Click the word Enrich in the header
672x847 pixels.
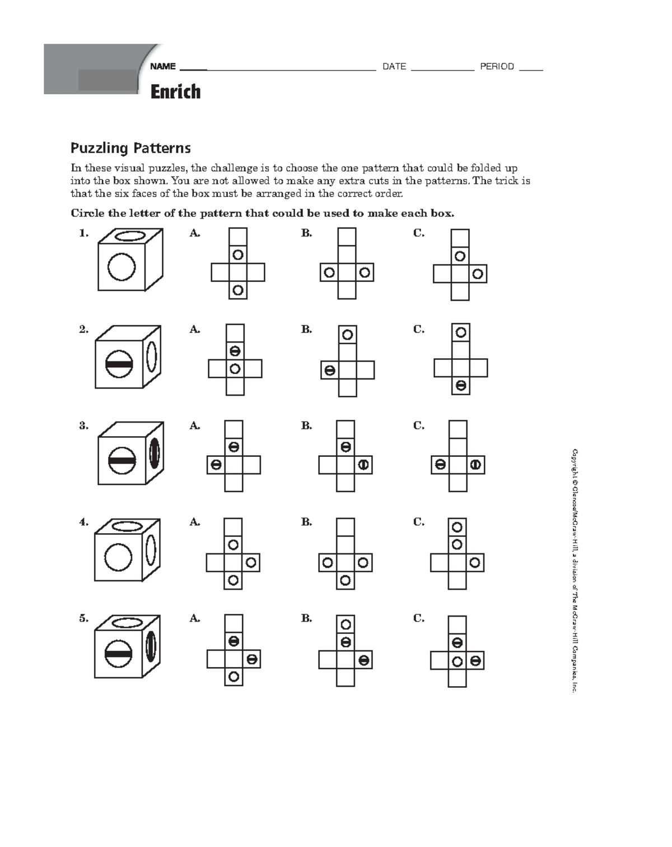coord(175,91)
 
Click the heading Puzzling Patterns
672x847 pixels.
coord(130,148)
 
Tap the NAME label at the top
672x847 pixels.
coord(163,67)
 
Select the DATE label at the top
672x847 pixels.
coord(394,67)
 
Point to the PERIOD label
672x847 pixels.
coord(497,67)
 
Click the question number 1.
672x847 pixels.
coord(83,233)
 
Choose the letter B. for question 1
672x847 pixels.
coord(306,233)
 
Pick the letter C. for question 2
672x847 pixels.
coord(419,329)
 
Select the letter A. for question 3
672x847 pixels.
coord(195,425)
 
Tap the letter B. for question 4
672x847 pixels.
coord(306,522)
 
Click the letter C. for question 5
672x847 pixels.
coord(419,618)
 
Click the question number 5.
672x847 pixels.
coord(83,618)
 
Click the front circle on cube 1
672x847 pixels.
coord(122,266)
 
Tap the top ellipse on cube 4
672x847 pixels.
coord(127,526)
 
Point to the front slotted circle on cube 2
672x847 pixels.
coord(119,364)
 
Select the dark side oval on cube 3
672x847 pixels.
coord(155,453)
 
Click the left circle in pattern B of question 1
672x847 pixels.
coord(329,272)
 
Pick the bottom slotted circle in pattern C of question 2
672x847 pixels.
coord(460,386)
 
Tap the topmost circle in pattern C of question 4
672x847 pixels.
coord(457,527)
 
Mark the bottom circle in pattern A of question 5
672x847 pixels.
coord(234,677)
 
